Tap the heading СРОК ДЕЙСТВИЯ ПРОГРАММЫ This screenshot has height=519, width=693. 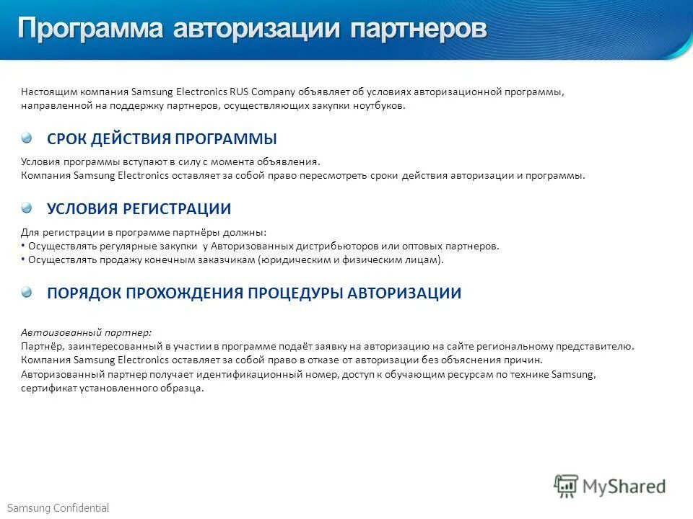point(162,139)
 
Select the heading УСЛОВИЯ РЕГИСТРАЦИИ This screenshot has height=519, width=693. point(139,209)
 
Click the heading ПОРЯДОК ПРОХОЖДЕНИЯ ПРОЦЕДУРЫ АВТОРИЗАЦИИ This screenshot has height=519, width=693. point(254,293)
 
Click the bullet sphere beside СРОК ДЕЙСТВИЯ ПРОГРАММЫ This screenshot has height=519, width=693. point(27,138)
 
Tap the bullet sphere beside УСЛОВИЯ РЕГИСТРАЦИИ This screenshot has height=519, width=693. point(27,208)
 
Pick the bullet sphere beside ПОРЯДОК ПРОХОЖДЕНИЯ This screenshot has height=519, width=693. point(27,292)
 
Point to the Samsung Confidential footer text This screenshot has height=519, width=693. point(58,508)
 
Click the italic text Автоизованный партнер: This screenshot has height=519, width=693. point(86,332)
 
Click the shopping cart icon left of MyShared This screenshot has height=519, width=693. point(567,486)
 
